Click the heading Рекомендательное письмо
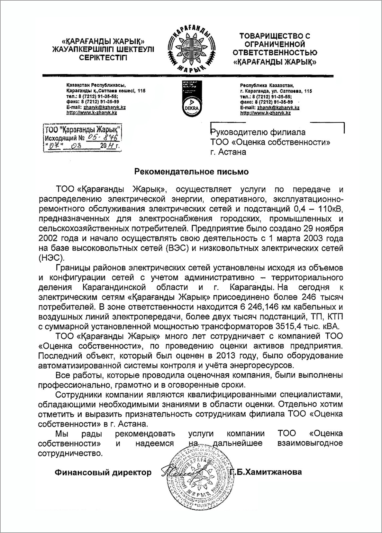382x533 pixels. coord(191,172)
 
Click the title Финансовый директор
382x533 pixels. coord(103,472)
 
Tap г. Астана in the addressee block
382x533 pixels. coord(228,152)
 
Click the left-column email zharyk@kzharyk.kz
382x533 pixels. coord(105,108)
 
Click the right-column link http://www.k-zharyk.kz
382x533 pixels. coord(265,113)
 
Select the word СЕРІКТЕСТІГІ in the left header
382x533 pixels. coord(103,58)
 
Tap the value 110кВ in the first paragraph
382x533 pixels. coord(332,209)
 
